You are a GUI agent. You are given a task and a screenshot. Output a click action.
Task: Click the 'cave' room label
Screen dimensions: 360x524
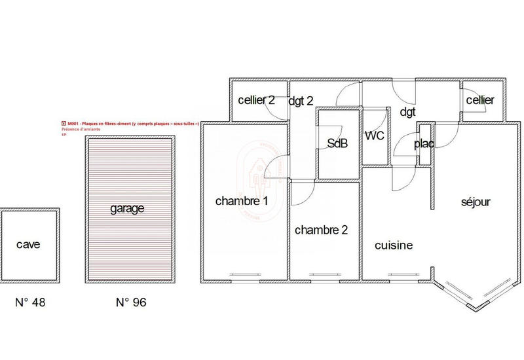(29, 245)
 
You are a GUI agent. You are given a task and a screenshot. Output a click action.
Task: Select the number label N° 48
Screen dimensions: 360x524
(31, 302)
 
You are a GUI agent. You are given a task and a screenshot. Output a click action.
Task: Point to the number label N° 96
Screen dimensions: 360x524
(131, 302)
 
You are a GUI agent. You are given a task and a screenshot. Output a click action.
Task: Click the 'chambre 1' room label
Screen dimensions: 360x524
(242, 201)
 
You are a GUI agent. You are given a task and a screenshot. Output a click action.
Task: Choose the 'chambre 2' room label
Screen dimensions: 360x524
(321, 230)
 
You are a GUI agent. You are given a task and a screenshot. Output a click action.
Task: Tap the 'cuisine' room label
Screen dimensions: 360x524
(394, 245)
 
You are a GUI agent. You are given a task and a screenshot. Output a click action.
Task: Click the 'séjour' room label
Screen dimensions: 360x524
(476, 202)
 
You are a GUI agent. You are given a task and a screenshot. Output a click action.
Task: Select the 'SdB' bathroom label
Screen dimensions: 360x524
(337, 145)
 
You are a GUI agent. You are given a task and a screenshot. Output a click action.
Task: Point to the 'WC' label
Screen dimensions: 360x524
(374, 135)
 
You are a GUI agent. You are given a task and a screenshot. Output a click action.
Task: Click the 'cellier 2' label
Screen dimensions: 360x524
(256, 100)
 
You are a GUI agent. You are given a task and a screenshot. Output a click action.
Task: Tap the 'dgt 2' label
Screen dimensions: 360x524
(301, 100)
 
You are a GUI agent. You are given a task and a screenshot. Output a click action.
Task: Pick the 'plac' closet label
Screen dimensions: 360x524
(424, 144)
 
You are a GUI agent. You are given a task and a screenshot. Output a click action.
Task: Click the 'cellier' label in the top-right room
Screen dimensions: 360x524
(480, 100)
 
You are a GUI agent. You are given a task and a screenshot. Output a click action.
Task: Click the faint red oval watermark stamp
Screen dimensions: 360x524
(260, 177)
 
